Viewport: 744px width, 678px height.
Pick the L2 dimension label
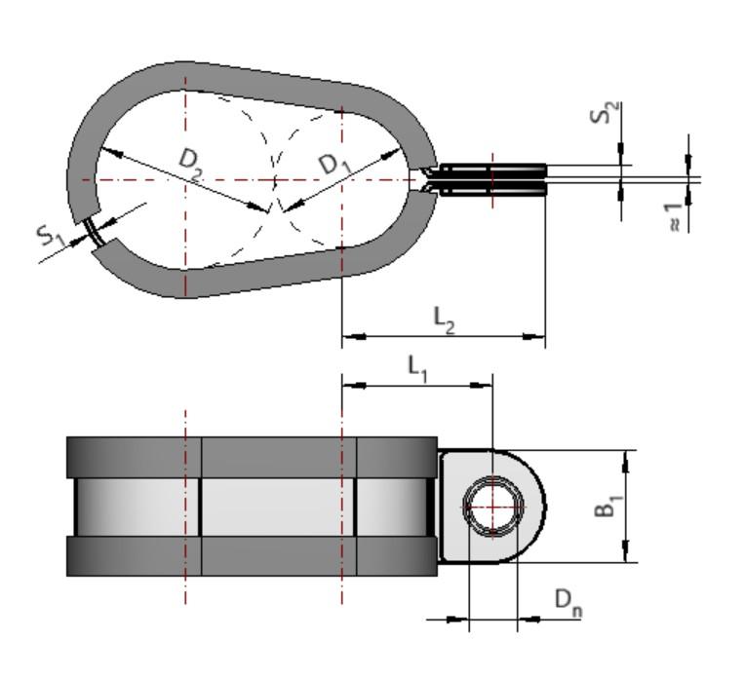[x=444, y=320]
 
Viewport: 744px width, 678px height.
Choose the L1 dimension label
[x=417, y=367]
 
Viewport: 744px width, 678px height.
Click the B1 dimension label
[x=607, y=506]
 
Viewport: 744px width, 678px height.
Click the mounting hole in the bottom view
[x=492, y=507]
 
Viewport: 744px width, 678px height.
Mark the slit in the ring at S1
[x=96, y=233]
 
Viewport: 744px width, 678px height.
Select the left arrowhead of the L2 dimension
[x=349, y=337]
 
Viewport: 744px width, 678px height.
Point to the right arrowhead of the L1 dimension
[x=486, y=385]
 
